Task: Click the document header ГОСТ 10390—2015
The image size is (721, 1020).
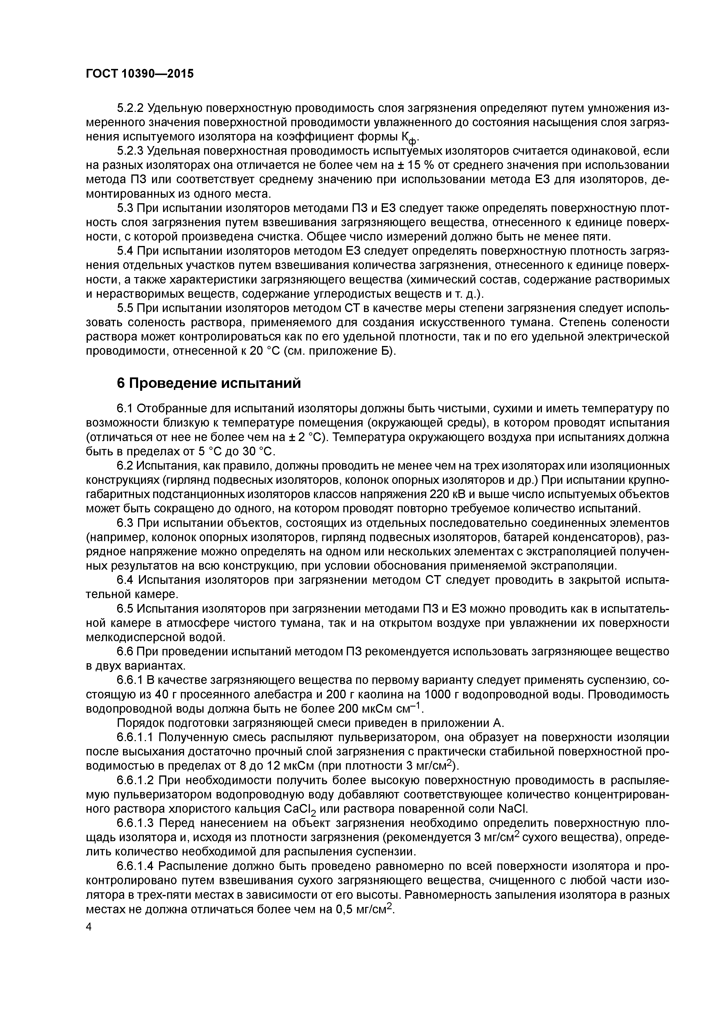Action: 140,74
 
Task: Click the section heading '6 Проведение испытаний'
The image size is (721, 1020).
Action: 208,383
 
